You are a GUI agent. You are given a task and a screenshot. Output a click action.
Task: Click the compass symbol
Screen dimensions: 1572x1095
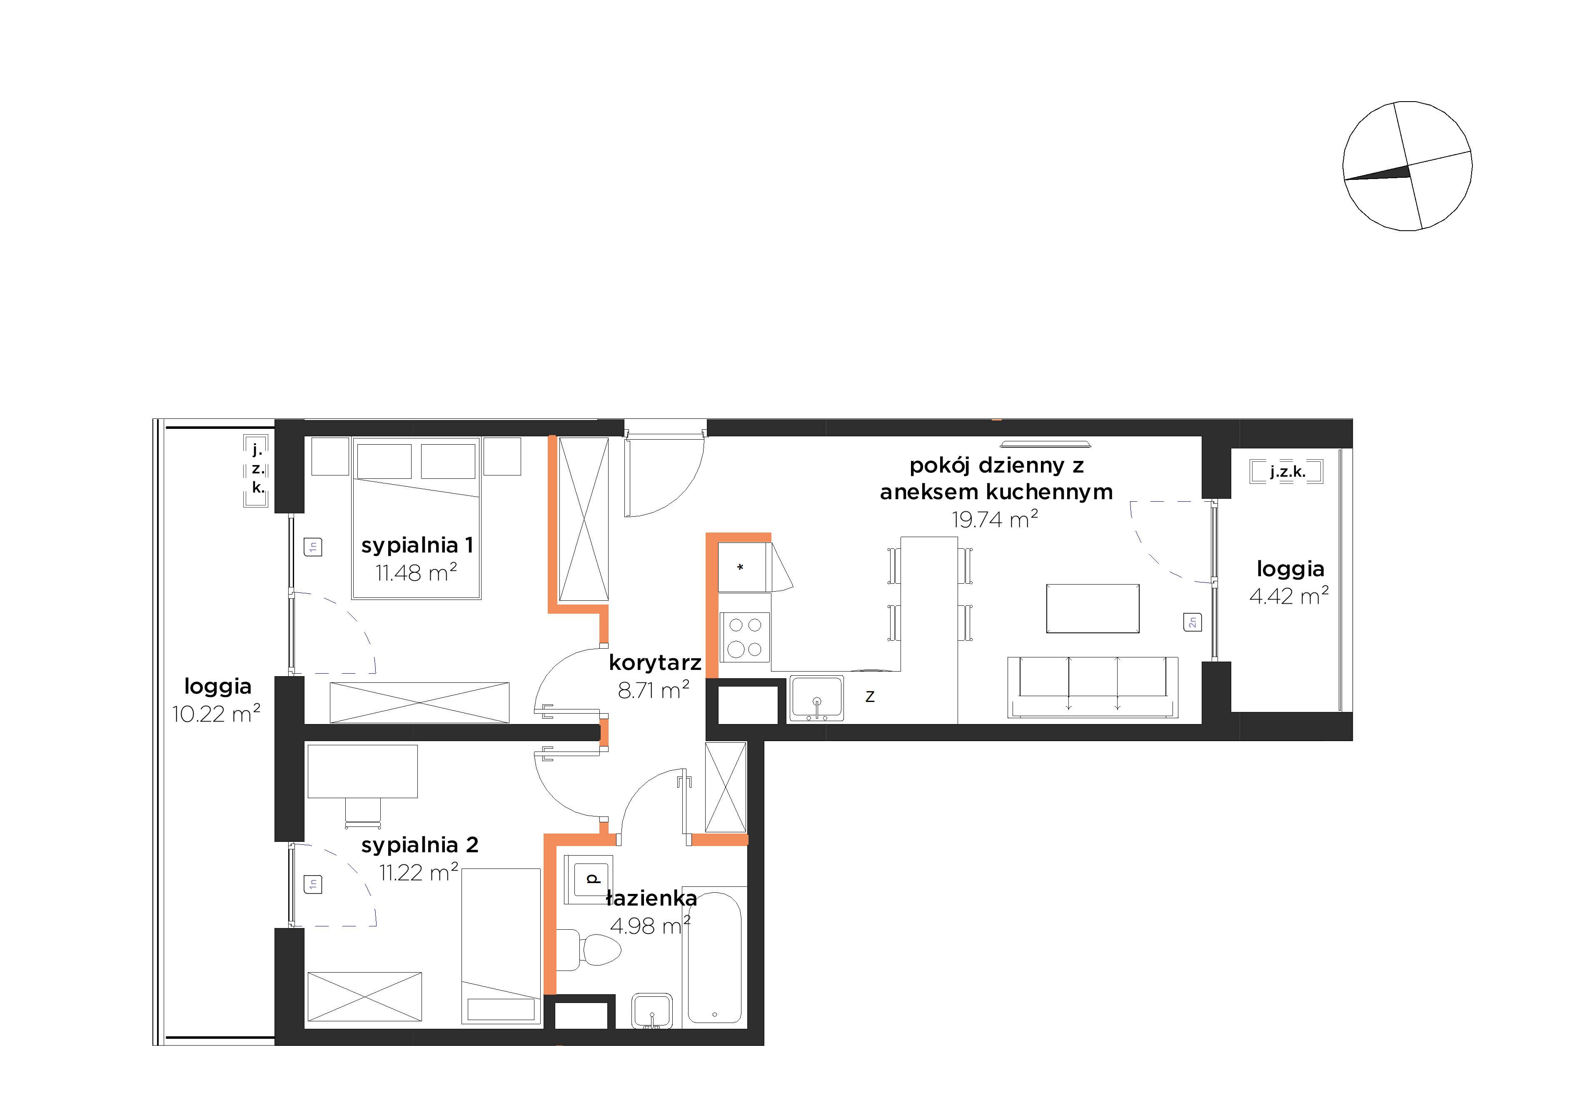coord(1407,166)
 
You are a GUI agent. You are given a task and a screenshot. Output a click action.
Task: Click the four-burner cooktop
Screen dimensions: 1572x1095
coord(744,637)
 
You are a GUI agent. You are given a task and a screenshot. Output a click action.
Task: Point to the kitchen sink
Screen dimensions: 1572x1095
coord(816,699)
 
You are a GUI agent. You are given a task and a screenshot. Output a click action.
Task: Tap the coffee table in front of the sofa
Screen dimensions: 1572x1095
coord(1093,608)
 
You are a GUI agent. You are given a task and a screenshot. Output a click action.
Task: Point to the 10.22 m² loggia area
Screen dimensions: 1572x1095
coord(216,714)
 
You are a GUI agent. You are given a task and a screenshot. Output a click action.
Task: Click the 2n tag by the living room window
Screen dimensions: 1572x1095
coord(1192,622)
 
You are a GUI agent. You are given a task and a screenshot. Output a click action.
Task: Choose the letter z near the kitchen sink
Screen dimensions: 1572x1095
coord(870,697)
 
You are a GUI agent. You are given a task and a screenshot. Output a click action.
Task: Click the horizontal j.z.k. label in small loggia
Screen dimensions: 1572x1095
coord(1287,472)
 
